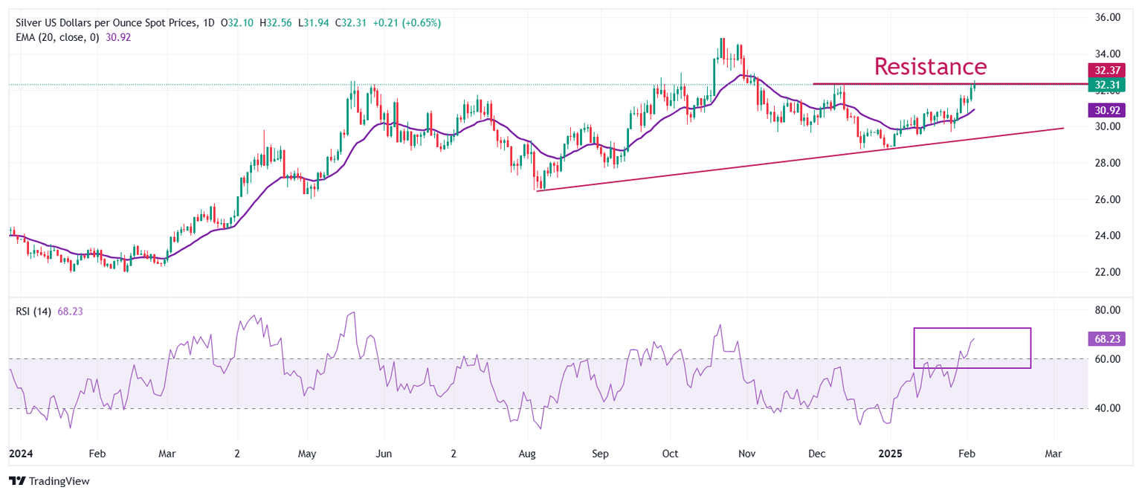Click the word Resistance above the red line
coord(930,66)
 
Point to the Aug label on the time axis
coord(527,453)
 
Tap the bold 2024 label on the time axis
coord(21,453)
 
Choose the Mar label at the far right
coord(1054,453)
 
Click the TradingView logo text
coord(57,481)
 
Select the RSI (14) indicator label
coord(33,312)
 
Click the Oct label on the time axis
coord(670,453)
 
